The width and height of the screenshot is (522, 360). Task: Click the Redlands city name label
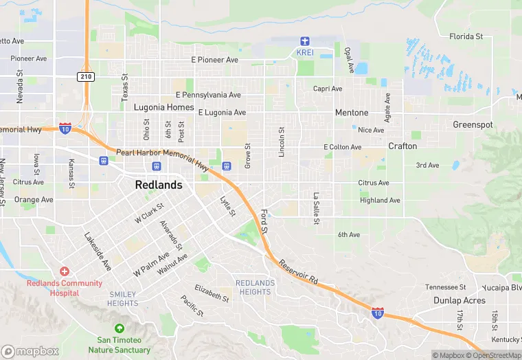159,185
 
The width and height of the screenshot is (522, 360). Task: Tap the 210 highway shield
86,76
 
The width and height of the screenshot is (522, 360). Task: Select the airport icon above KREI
304,41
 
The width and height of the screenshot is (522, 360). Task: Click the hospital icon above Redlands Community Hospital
65,272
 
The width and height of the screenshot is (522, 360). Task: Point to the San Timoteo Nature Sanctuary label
124,345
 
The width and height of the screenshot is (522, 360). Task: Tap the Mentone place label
352,113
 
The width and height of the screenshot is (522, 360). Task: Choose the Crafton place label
402,146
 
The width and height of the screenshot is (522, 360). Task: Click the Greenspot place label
473,125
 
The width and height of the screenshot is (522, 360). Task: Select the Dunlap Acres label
459,300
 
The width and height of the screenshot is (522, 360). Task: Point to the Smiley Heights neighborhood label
123,299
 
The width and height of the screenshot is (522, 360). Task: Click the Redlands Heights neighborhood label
255,287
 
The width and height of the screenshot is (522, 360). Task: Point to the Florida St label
466,36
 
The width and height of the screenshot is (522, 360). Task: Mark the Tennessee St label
445,287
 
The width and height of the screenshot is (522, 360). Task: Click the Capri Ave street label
328,89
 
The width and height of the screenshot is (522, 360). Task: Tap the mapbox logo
30,350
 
